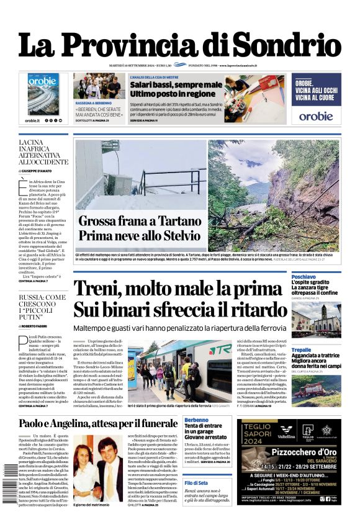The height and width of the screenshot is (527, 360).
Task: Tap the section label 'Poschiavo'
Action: click(x=304, y=276)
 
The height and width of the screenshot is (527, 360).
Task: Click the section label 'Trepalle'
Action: click(x=302, y=349)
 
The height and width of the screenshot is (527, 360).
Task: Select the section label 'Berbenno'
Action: click(x=197, y=421)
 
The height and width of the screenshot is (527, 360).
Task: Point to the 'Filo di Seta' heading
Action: click(x=196, y=474)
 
